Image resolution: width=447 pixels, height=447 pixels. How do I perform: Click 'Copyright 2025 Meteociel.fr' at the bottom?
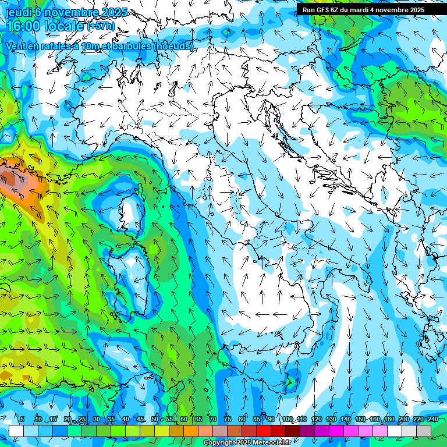tap(247, 443)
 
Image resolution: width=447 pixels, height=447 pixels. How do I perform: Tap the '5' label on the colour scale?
tap(22, 420)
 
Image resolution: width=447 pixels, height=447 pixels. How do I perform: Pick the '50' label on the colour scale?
tap(155, 420)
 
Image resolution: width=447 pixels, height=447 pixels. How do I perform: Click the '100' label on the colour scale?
tap(288, 420)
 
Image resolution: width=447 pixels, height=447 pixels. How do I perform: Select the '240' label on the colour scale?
tap(432, 420)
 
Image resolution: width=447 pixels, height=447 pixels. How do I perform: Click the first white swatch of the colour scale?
tap(16, 431)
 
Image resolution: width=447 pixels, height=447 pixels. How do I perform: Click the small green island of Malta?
tap(289, 382)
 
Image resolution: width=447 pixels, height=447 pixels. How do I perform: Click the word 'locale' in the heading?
tap(65, 26)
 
